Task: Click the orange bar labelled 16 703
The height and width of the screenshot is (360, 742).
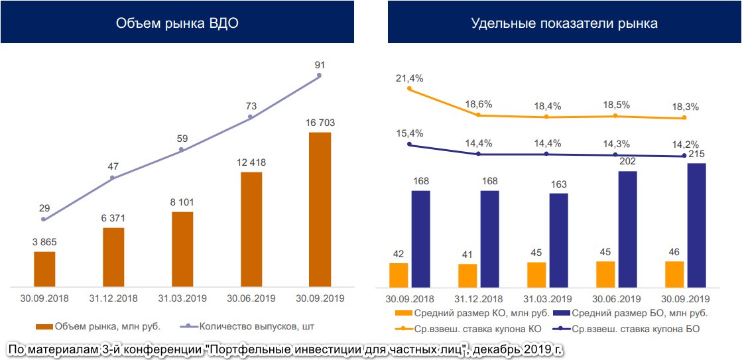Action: pyautogui.click(x=320, y=210)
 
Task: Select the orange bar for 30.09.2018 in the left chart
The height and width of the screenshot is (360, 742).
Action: pyautogui.click(x=44, y=269)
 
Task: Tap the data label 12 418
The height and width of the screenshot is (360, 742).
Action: pyautogui.click(x=251, y=162)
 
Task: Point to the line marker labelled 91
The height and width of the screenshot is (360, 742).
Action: pyautogui.click(x=320, y=76)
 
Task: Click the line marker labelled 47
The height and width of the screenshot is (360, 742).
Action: pyautogui.click(x=113, y=178)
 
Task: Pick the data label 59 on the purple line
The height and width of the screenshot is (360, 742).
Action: pyautogui.click(x=182, y=139)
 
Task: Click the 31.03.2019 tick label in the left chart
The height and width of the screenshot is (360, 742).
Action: pyautogui.click(x=182, y=298)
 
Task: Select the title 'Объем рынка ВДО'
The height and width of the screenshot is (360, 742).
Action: pyautogui.click(x=177, y=23)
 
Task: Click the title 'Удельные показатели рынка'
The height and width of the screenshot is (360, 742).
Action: pyautogui.click(x=564, y=23)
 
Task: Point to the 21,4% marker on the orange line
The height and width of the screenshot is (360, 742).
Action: pyautogui.click(x=409, y=88)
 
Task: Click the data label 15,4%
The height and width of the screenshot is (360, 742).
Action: pyautogui.click(x=409, y=133)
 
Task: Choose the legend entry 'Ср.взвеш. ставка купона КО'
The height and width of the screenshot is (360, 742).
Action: pyautogui.click(x=471, y=328)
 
